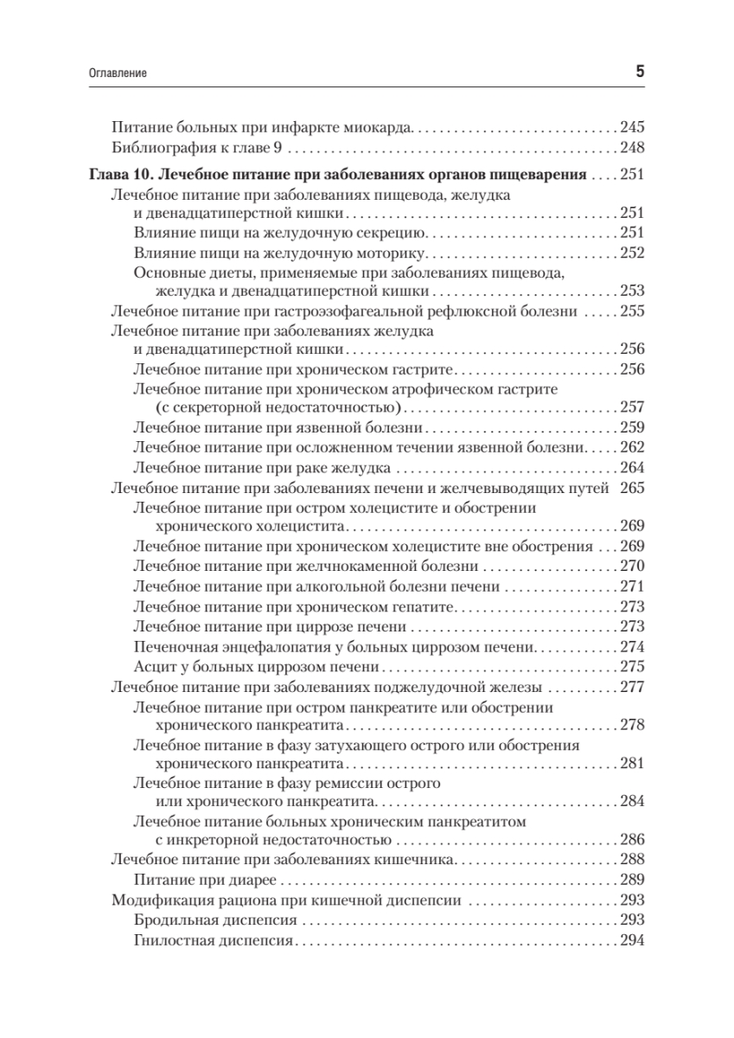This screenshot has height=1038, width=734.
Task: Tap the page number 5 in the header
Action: [641, 73]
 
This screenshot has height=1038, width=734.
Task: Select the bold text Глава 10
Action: [121, 175]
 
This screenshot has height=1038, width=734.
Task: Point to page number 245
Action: [633, 125]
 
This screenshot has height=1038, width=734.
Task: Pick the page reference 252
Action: [633, 253]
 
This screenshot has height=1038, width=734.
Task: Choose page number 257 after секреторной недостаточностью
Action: [633, 407]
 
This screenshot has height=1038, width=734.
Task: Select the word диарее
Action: [251, 881]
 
